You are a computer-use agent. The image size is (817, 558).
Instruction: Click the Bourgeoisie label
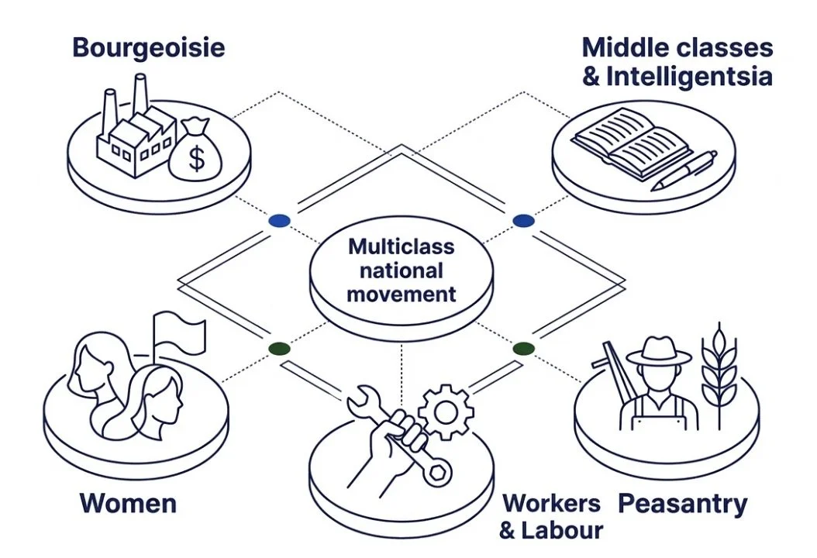148,47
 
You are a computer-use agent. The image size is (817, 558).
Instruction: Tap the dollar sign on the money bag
197,160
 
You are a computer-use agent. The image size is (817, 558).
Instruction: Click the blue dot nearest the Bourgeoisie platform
279,221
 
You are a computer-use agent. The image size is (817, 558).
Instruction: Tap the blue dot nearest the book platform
524,221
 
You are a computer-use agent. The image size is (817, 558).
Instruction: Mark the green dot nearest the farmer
524,348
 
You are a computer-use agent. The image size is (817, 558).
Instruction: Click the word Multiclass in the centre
401,246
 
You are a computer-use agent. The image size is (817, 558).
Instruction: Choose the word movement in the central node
401,294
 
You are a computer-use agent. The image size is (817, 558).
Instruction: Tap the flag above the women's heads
180,332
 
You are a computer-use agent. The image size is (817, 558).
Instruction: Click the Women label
128,504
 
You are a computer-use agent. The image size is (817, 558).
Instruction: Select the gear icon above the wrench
446,411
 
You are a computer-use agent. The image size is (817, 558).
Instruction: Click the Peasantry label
682,504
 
